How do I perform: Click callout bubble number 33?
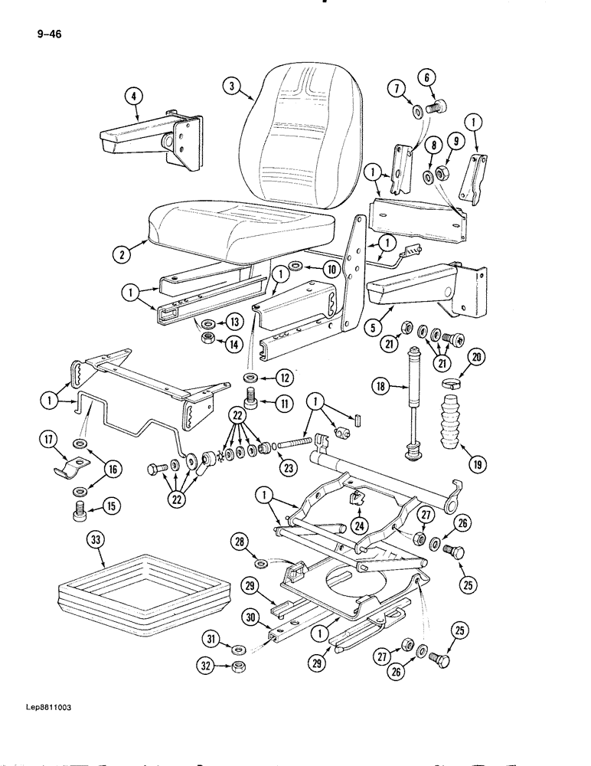coord(94,542)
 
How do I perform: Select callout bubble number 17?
coord(51,440)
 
